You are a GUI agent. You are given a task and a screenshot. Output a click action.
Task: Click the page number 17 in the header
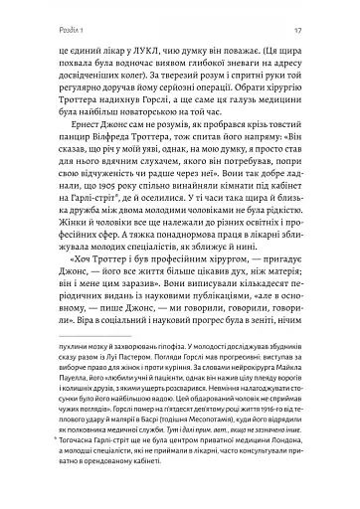point(316,17)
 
